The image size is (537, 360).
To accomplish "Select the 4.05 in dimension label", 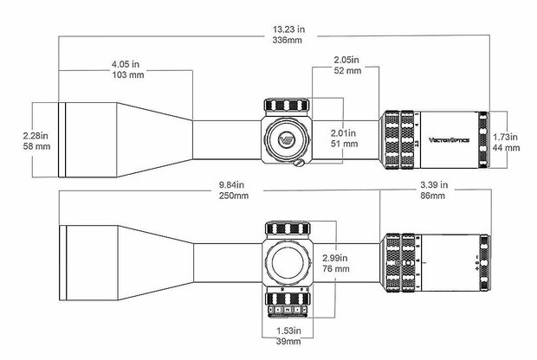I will point(126,65).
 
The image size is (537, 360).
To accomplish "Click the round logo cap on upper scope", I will point(286,138).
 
